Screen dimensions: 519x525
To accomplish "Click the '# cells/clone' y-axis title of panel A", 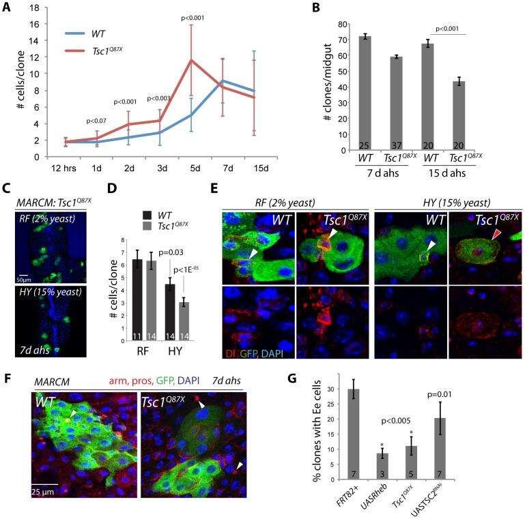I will click(10, 83).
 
